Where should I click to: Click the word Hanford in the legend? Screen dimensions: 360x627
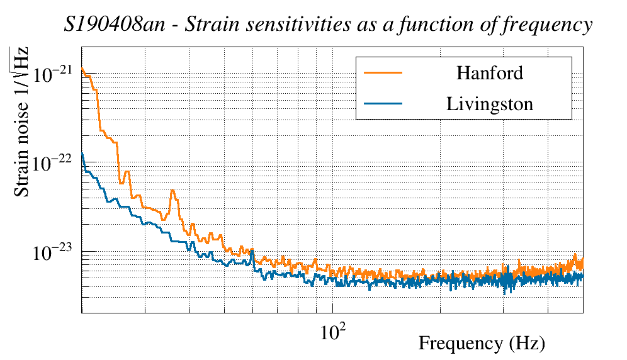(489, 73)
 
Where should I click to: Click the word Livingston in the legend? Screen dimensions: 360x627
(489, 104)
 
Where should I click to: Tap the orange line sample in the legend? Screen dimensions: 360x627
(383, 73)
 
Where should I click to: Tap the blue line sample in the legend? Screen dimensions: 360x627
(383, 104)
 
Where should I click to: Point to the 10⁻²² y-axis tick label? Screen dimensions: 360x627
(53, 163)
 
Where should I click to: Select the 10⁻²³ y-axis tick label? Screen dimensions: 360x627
(53, 252)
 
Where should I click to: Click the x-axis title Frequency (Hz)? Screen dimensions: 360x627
(482, 344)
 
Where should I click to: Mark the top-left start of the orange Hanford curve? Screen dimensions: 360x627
(82, 69)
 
